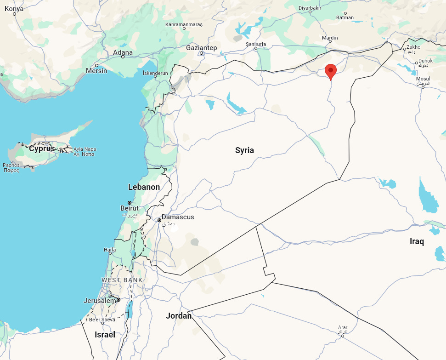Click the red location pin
[x=330, y=72]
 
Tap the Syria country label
[x=244, y=150]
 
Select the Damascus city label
[x=178, y=217]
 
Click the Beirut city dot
[x=130, y=203]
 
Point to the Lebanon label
[x=144, y=187]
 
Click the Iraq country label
[x=417, y=241]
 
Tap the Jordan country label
[x=179, y=316]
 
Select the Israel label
[x=105, y=335]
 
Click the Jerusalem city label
[x=100, y=300]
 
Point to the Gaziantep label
[x=201, y=48]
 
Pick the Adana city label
[x=123, y=52]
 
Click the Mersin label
[x=96, y=71]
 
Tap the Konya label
[x=14, y=8]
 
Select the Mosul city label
[x=423, y=79]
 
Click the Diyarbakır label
[x=310, y=8]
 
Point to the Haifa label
[x=110, y=250]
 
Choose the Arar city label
[x=343, y=328]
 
